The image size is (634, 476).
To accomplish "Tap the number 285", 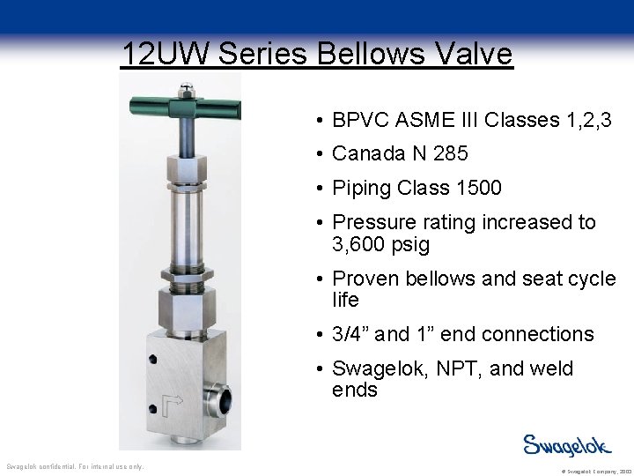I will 450,153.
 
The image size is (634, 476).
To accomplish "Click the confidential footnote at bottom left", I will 75,466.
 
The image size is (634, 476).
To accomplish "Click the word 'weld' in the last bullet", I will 553,368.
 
